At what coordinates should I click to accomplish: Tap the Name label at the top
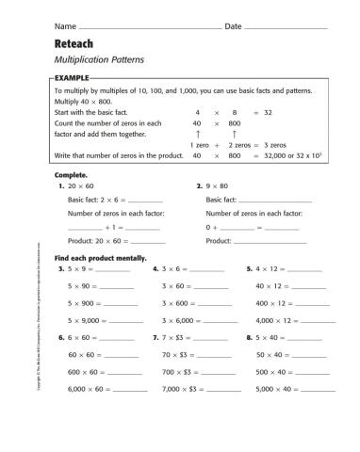tap(65, 25)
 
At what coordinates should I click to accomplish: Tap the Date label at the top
tap(234, 25)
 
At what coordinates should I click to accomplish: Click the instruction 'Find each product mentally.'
tap(96, 257)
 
